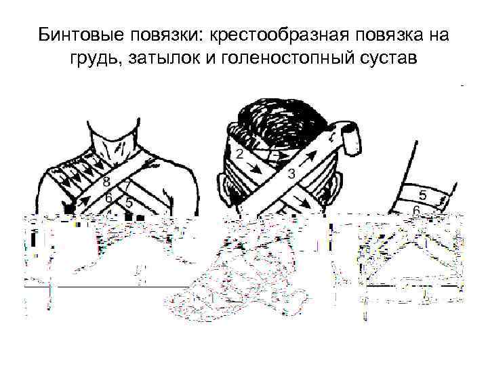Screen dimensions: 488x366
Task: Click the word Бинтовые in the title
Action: click(81, 35)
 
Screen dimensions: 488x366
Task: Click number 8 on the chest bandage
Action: click(106, 182)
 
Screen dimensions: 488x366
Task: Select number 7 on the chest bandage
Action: click(128, 186)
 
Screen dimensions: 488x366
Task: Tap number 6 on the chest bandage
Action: click(108, 198)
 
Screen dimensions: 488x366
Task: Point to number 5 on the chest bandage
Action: click(129, 203)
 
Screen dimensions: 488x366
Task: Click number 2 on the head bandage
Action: click(240, 154)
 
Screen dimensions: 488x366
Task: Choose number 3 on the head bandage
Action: click(291, 174)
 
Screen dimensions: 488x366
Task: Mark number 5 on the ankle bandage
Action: click(422, 195)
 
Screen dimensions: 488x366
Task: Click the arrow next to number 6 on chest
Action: click(85, 201)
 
